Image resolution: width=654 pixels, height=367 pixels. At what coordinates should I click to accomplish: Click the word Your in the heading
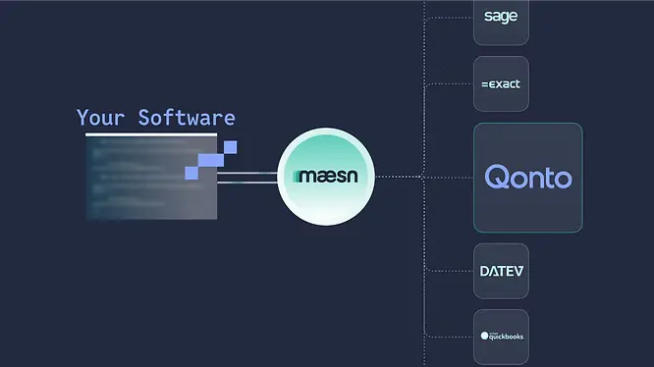click(101, 119)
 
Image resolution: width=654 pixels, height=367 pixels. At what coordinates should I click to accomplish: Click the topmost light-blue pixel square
click(230, 147)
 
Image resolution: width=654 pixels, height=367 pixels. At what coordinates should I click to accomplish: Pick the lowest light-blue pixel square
click(191, 173)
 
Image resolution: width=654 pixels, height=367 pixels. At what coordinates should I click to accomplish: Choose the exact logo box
click(501, 84)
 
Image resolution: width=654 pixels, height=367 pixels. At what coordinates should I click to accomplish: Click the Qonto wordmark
click(528, 178)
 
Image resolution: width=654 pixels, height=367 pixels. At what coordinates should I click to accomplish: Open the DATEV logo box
click(501, 271)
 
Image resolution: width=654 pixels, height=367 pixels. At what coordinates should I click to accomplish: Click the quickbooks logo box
click(501, 337)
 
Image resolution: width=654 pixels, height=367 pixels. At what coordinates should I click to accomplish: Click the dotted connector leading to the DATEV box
click(449, 271)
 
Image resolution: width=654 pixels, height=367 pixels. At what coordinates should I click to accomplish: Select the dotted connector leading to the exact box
click(449, 84)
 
